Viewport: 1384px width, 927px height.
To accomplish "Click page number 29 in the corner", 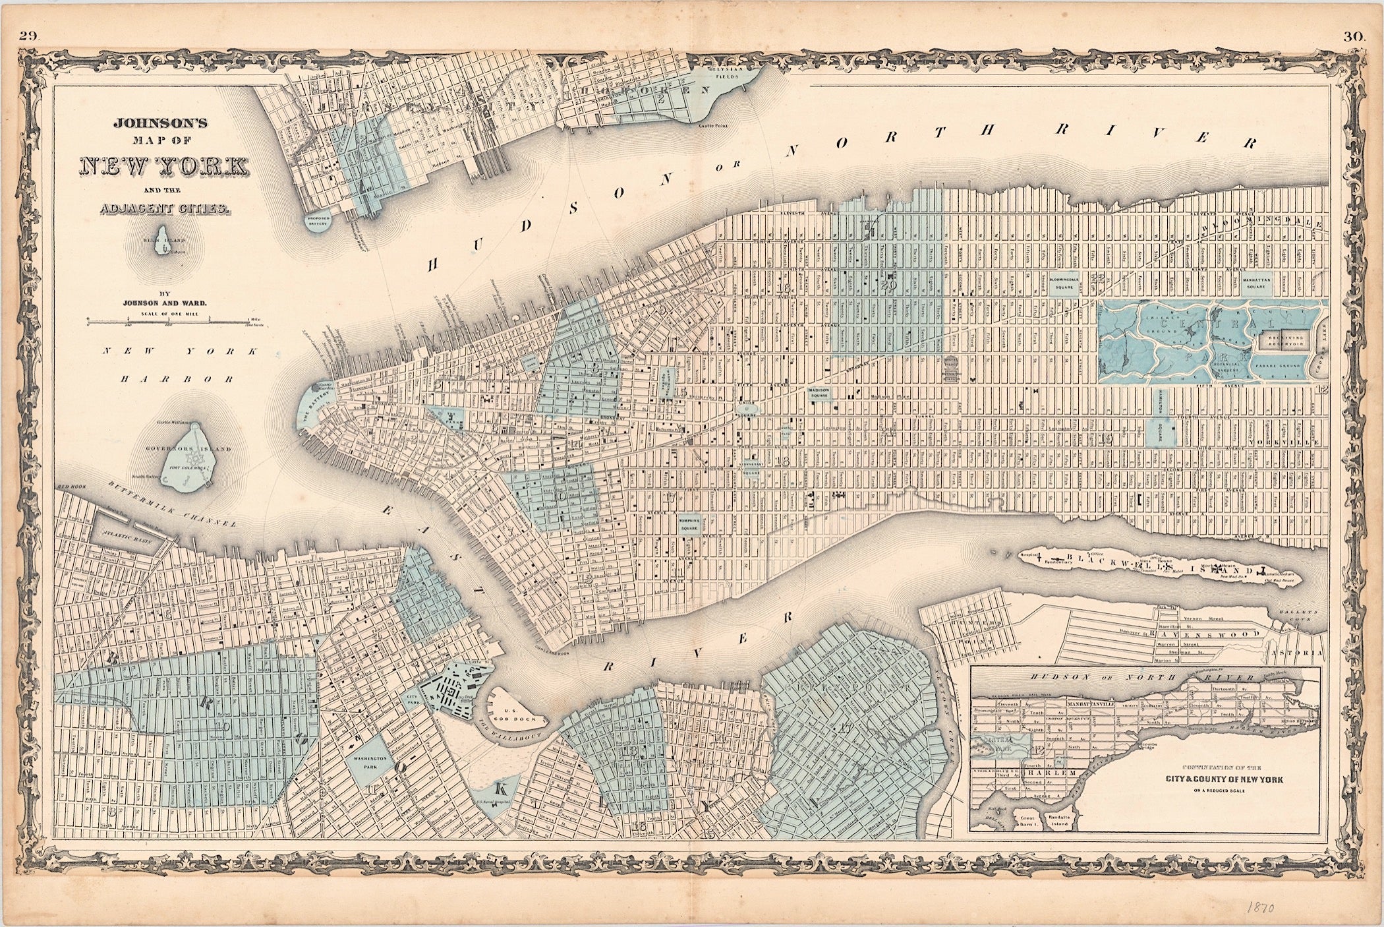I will tap(29, 37).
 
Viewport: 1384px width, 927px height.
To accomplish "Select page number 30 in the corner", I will tap(1353, 38).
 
